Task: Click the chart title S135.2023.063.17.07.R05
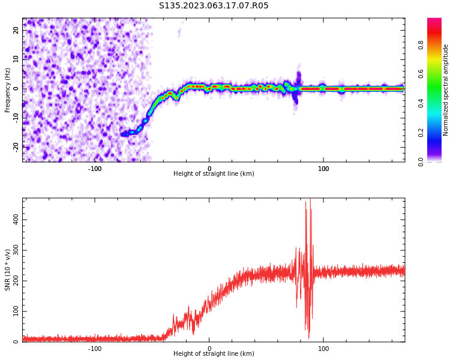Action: tap(214, 6)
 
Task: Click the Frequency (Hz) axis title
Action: tap(8, 90)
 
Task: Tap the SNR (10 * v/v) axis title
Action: tap(8, 270)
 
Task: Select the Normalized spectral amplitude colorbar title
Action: tap(446, 90)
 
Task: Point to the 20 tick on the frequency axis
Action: tap(16, 30)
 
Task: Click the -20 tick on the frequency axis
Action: tap(16, 146)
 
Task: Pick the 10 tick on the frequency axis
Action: tap(16, 59)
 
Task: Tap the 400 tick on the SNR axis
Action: tap(16, 220)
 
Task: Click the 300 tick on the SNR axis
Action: tap(16, 250)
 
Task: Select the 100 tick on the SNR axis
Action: tap(16, 311)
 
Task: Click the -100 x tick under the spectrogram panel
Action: tap(95, 168)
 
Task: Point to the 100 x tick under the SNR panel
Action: tap(323, 348)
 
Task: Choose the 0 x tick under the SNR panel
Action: tap(209, 348)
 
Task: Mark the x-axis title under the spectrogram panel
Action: tap(214, 174)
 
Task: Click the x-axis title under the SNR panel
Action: tap(214, 354)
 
